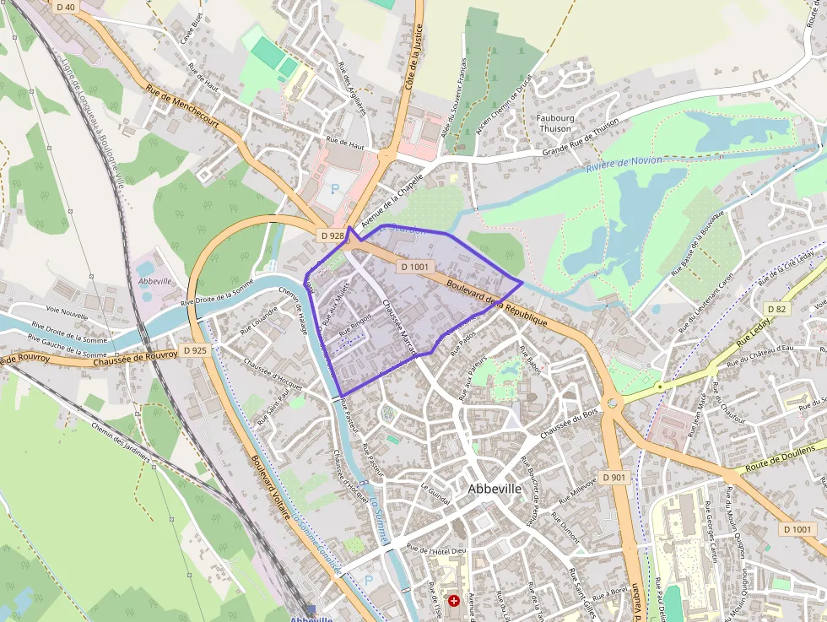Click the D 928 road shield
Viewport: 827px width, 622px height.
[331, 235]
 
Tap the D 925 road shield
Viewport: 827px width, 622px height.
[194, 349]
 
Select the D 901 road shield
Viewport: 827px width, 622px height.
[613, 478]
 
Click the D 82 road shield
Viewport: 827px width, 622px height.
[776, 309]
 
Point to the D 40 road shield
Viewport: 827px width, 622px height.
[65, 7]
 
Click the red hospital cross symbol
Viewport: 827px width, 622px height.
[455, 601]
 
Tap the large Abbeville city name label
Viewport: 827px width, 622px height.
[495, 489]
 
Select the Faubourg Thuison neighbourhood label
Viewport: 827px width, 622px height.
[554, 123]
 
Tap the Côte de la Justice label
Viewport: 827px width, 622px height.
[413, 55]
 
